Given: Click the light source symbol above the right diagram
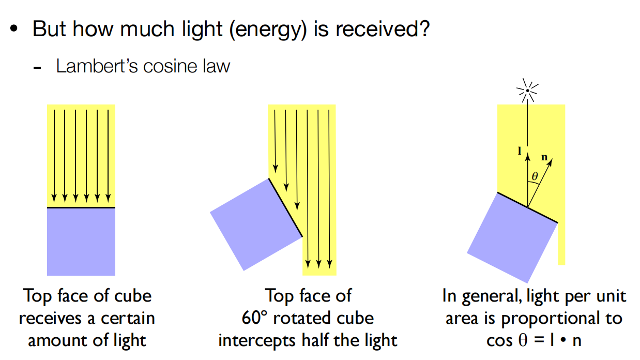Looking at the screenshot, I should click(x=526, y=91).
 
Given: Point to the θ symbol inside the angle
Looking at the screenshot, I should click(x=535, y=176).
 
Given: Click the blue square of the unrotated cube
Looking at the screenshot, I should click(x=81, y=242).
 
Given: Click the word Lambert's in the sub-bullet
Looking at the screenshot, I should click(x=91, y=66).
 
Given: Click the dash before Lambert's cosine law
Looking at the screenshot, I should click(x=37, y=68).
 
